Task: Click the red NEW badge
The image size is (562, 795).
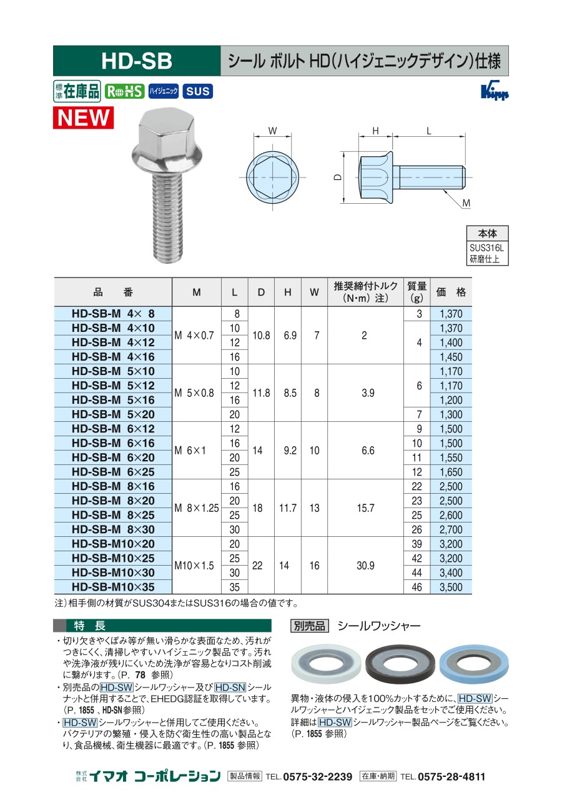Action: pyautogui.click(x=83, y=117)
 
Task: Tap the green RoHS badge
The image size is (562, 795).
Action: pyautogui.click(x=124, y=91)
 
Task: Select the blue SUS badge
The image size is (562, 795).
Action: pyautogui.click(x=198, y=91)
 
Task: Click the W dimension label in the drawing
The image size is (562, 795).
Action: pyautogui.click(x=272, y=131)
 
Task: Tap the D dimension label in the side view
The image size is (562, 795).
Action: pyautogui.click(x=338, y=177)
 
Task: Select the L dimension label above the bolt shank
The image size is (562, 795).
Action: pyautogui.click(x=428, y=131)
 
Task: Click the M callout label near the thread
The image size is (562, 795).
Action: pyautogui.click(x=466, y=203)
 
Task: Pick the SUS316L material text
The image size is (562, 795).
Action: pyautogui.click(x=486, y=247)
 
